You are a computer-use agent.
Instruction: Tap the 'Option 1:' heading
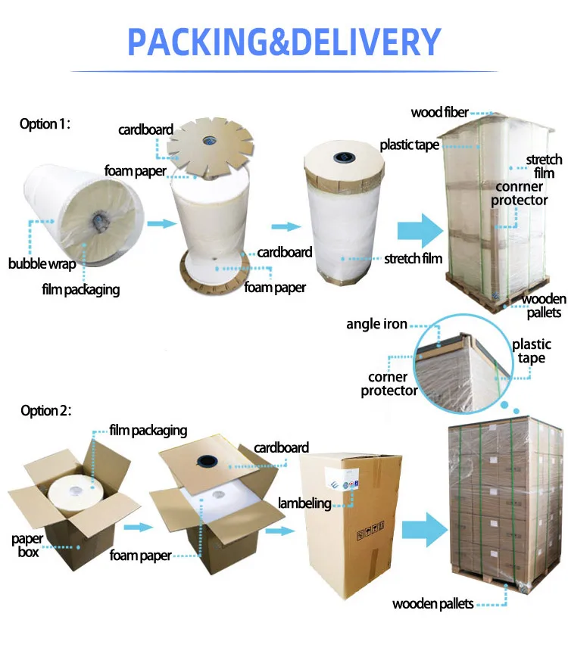point(45,124)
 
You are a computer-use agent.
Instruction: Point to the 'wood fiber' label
point(440,113)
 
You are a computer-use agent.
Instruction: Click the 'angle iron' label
point(376,324)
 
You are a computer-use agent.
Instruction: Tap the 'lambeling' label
point(304,503)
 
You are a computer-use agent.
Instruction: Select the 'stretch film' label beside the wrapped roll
point(413,259)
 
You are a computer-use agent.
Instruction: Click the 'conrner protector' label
point(519,193)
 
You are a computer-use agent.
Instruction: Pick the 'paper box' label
point(27,545)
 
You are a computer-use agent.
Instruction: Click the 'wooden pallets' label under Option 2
point(432,603)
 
